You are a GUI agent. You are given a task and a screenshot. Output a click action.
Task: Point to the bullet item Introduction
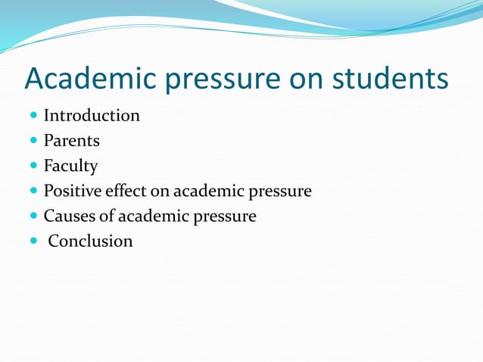[92, 116]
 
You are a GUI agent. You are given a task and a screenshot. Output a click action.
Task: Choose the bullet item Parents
[71, 141]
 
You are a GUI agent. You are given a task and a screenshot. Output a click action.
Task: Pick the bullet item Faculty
[70, 166]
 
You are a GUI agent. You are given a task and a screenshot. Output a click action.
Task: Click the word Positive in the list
[73, 191]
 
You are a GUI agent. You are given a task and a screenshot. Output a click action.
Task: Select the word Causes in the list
[69, 216]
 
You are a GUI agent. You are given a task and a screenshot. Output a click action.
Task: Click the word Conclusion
[91, 242]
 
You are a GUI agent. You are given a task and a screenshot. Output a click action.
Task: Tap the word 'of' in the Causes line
[107, 216]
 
